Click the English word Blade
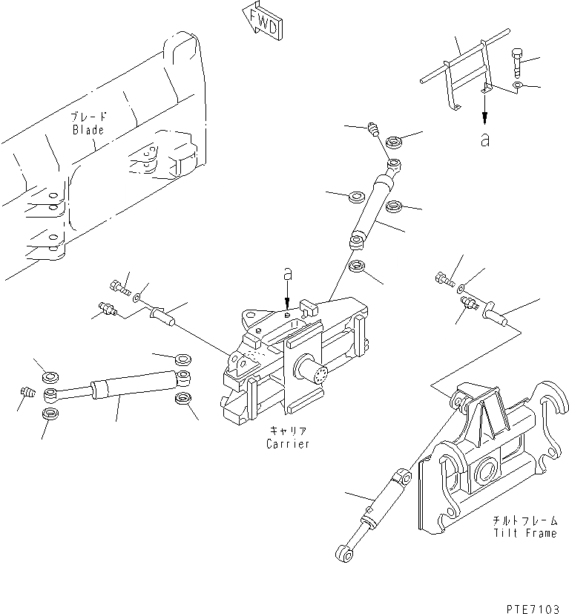88,130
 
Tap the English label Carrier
287,444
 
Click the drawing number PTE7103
532,607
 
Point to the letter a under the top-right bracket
485,139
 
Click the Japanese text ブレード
88,117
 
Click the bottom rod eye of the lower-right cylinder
343,551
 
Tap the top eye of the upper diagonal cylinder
394,164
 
